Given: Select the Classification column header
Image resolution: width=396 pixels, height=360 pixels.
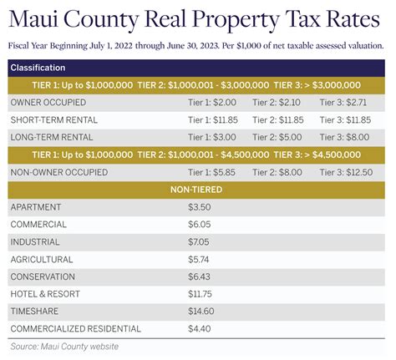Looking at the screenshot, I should point(38,67).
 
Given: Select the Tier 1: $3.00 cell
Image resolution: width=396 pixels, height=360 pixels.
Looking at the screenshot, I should point(213,137).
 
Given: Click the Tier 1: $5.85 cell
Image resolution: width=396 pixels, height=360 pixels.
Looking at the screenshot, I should point(213,172).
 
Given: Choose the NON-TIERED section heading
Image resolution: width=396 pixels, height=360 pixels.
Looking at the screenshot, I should point(198,190).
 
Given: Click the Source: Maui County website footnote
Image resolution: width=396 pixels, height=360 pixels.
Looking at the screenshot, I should point(64,346).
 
